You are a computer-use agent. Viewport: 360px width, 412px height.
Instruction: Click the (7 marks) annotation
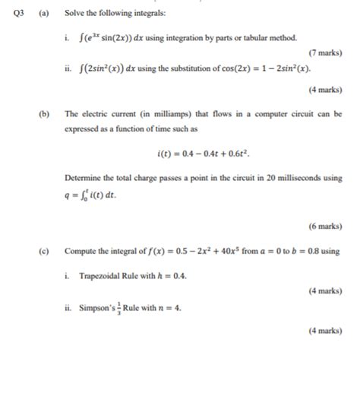pyautogui.click(x=325, y=53)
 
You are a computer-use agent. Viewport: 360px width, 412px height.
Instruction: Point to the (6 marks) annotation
pyautogui.click(x=325, y=226)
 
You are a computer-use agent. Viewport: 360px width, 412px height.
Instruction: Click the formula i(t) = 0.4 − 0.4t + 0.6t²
pyautogui.click(x=203, y=154)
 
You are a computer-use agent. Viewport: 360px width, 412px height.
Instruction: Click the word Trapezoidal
pyautogui.click(x=105, y=275)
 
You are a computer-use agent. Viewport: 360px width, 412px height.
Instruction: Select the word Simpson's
pyautogui.click(x=95, y=309)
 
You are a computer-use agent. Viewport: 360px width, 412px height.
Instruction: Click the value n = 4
pyautogui.click(x=167, y=309)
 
